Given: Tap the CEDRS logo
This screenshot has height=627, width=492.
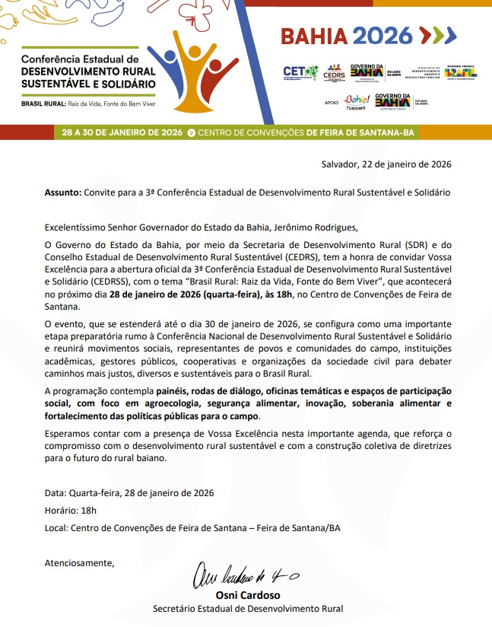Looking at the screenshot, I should tap(334, 73).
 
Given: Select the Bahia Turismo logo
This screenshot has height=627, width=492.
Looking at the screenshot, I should tap(354, 101).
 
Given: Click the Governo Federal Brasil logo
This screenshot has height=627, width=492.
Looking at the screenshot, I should tap(461, 73).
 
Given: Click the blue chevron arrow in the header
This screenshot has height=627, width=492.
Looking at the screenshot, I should tap(449, 36).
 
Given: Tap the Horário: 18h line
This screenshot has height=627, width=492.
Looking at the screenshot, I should tap(71, 510).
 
